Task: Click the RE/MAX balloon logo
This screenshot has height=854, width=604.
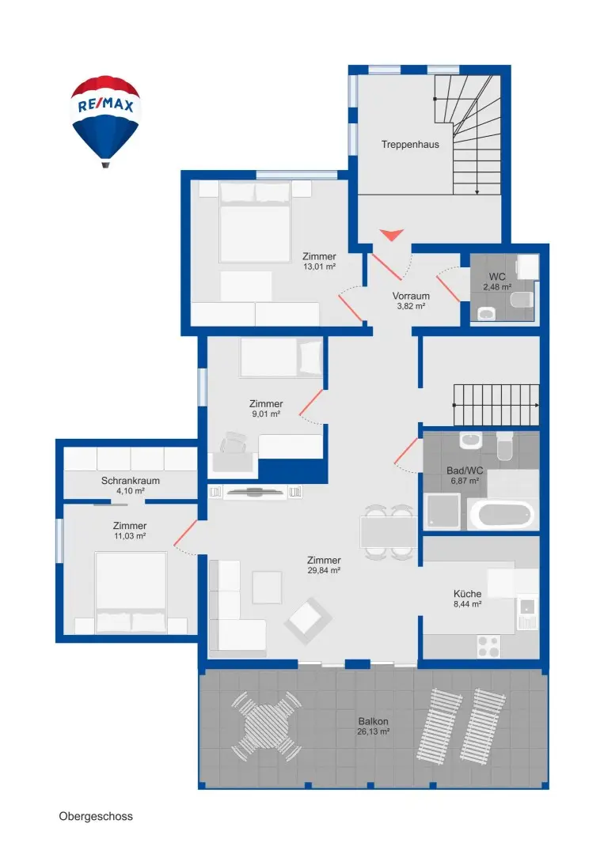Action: coord(105,121)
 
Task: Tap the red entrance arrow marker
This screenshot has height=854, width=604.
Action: coord(391,235)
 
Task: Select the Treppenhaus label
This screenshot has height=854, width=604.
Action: coord(410,145)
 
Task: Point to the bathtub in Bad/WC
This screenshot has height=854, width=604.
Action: coord(501,514)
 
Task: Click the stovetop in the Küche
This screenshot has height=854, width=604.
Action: coord(488,647)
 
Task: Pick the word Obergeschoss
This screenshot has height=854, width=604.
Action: coord(96,816)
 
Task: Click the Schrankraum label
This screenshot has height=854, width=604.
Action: coord(131,481)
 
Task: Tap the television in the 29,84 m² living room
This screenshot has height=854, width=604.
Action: coord(255,492)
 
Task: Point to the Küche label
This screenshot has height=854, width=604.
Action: coord(467,594)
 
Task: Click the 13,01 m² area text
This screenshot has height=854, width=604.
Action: coord(320,267)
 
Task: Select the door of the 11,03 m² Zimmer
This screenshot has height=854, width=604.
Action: coord(185,533)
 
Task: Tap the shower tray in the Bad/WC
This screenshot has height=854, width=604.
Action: coord(443,512)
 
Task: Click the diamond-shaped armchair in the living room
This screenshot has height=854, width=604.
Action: coord(307,621)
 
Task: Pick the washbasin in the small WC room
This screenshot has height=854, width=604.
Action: coord(486,313)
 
